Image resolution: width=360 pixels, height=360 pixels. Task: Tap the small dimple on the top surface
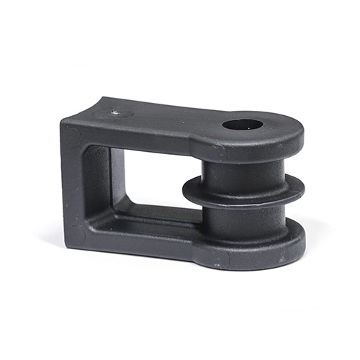(115, 112)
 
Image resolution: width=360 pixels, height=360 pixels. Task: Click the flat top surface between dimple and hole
(173, 115)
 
